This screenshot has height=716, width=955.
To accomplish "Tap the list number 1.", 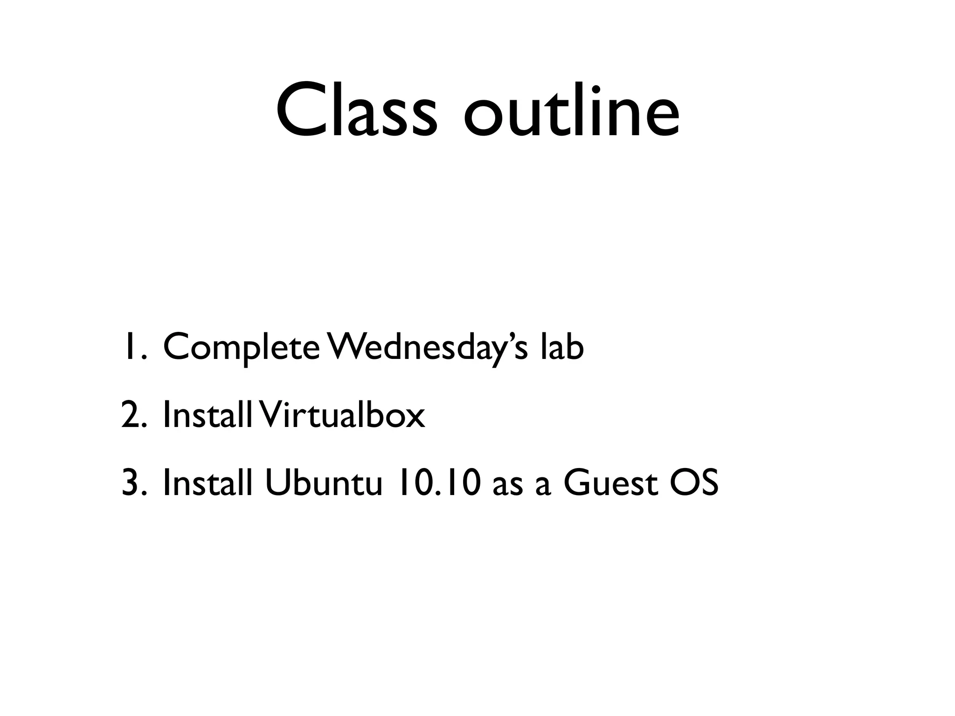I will point(133,347).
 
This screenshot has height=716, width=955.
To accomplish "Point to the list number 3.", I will point(133,483).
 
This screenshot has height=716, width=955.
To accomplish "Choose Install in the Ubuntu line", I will point(208,483).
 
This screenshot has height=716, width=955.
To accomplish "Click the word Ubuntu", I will point(324,483).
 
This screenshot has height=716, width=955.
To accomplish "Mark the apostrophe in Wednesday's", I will point(509,337).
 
